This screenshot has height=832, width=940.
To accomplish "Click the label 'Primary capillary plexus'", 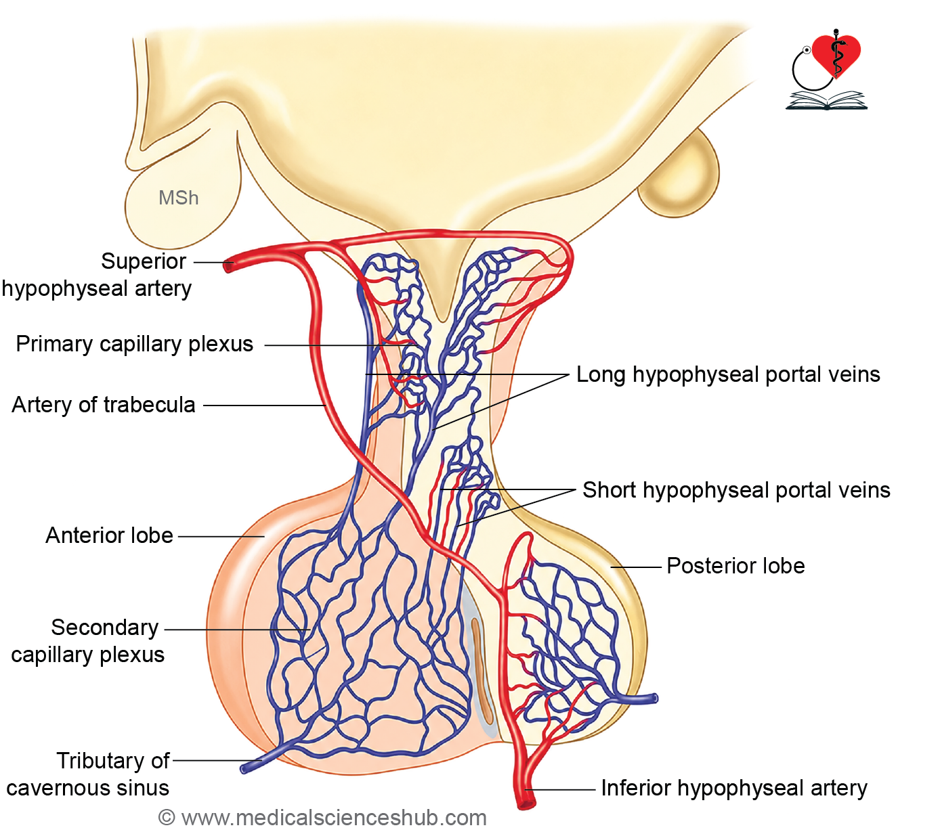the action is pos(135,344).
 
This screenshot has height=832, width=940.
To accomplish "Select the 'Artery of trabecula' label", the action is pos(104,404).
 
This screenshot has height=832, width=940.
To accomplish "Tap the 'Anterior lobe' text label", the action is pos(109,535).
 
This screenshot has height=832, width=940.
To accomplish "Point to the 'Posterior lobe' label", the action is pos(735,566).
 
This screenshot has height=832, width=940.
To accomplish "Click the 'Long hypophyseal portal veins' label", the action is pos(728,374).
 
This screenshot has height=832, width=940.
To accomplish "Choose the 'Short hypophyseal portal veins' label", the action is pos(736,489).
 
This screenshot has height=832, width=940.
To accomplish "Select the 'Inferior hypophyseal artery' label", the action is pos(734,788).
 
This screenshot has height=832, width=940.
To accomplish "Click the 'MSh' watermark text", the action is pos(179,198).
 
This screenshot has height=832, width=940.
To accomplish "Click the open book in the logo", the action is pos(826,101).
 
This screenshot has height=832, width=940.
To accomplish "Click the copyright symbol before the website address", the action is pos(167,818).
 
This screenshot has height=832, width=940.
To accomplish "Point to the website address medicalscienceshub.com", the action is pos(334,818).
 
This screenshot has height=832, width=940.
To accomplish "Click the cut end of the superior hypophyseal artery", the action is pos(228,266).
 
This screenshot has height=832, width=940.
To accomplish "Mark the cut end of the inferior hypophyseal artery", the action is pos(526,805).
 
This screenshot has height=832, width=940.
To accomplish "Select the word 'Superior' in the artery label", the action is pos(144,261).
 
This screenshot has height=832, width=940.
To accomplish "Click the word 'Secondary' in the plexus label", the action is pos(105,628).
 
